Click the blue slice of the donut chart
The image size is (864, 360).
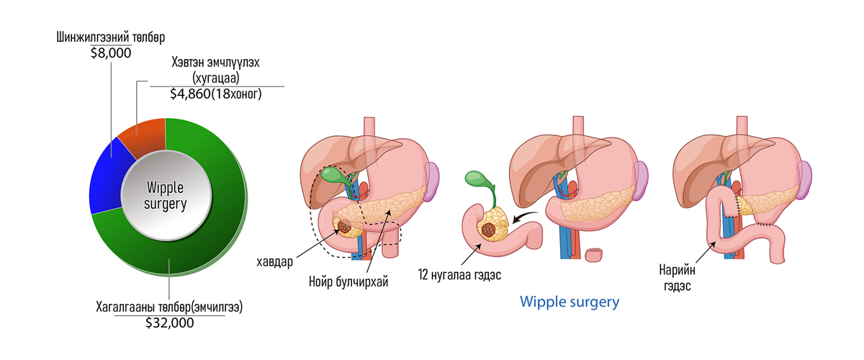pos(108,178)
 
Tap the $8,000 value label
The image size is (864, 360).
pos(111,53)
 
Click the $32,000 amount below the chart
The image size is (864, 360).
pos(170,323)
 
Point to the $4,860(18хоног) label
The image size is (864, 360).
pos(216,94)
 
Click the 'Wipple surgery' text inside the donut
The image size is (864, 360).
pos(166,196)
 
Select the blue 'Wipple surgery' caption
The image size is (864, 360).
pos(570,302)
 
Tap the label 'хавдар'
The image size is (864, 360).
pos(274,262)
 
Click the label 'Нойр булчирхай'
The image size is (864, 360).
pos(348,282)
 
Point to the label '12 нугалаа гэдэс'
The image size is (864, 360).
pos(459,275)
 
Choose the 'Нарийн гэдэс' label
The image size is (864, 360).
pos(677,278)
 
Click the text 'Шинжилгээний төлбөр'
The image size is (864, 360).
pos(111,37)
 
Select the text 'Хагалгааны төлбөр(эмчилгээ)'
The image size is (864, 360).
pos(169,307)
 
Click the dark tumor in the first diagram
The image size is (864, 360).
pos(344,226)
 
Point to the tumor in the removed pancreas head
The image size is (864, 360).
pos(488,230)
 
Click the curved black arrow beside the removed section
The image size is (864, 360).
pos(525,217)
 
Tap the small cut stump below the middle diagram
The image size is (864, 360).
pos(593,255)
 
